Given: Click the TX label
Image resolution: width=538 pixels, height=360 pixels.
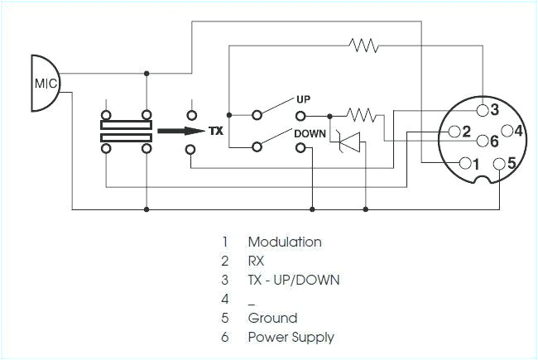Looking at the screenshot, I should (216, 131).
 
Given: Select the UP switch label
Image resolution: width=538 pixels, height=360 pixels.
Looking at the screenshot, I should (303, 99).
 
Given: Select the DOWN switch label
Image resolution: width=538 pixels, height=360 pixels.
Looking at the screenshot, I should (310, 132).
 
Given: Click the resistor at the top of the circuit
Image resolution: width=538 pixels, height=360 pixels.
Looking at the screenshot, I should (364, 45).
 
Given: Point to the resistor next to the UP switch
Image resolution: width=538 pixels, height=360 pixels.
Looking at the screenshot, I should (361, 114).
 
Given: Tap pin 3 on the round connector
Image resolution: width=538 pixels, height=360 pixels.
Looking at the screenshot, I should (483, 110).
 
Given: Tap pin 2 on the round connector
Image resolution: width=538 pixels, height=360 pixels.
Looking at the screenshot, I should (454, 131).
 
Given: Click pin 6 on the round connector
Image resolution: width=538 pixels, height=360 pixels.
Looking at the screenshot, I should (483, 142).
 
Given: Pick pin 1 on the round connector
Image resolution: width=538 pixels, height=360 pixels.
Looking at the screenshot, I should (464, 162).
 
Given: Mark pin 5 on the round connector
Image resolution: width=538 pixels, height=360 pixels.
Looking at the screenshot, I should (499, 163).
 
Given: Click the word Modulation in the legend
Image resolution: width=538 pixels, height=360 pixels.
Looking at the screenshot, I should (285, 242).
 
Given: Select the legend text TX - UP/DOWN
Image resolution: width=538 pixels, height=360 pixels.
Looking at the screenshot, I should (294, 280).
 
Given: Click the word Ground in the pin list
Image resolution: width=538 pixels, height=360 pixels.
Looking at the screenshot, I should (272, 318).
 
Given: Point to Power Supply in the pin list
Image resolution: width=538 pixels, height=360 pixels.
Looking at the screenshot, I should (291, 337).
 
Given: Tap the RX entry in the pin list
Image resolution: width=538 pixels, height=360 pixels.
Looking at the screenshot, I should (257, 262).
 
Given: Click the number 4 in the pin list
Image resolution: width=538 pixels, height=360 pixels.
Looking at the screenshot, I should (224, 299).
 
